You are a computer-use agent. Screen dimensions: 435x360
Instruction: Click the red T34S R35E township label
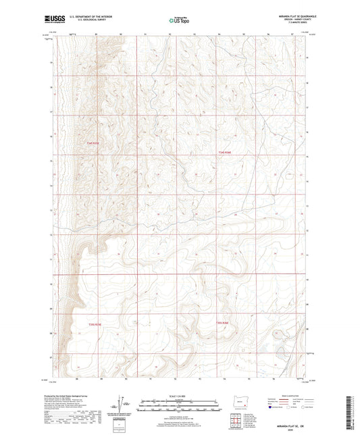pos(93,143)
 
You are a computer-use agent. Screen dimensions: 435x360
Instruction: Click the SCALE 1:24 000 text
pos(180,396)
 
